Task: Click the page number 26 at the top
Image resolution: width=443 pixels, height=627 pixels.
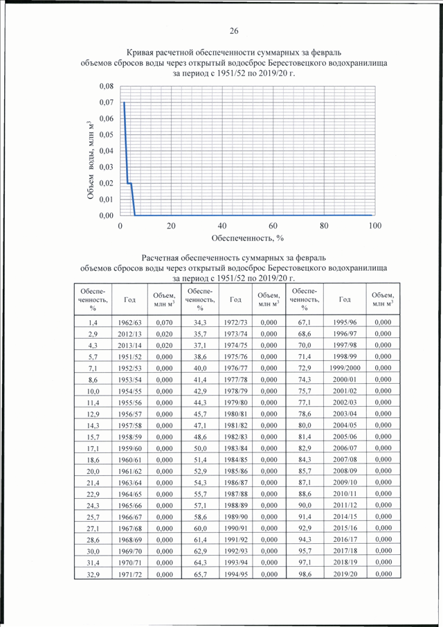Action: point(234,30)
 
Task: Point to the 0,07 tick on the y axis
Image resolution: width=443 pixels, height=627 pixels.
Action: point(107,103)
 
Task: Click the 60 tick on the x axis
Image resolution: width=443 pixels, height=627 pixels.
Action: point(273,226)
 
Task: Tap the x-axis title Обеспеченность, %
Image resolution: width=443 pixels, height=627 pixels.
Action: point(248,238)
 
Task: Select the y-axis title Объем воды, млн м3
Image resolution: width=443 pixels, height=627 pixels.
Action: point(91,159)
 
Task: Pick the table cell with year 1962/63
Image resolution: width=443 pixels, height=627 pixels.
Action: point(129,322)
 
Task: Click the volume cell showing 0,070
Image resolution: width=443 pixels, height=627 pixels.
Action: point(164,322)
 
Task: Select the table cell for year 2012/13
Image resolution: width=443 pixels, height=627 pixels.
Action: point(129,334)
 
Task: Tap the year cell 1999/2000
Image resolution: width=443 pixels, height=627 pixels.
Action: point(345,368)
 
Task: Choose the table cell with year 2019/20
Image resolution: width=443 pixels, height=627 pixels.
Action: point(345,574)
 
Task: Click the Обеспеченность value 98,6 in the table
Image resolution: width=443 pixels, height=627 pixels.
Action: point(305,574)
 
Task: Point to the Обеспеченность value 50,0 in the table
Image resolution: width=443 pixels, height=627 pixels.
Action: point(200,448)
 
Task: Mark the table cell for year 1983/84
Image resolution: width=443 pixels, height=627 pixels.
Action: point(235,448)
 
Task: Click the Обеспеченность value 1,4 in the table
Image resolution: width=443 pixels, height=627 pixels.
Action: point(93,322)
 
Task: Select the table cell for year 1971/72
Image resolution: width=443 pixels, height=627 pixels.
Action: point(129,574)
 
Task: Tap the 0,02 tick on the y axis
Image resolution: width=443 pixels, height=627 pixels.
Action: point(107,183)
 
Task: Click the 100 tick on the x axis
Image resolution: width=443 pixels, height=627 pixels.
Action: point(375,226)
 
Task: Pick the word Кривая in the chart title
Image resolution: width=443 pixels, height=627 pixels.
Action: point(140,53)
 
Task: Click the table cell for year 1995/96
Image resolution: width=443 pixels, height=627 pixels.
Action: point(345,322)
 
